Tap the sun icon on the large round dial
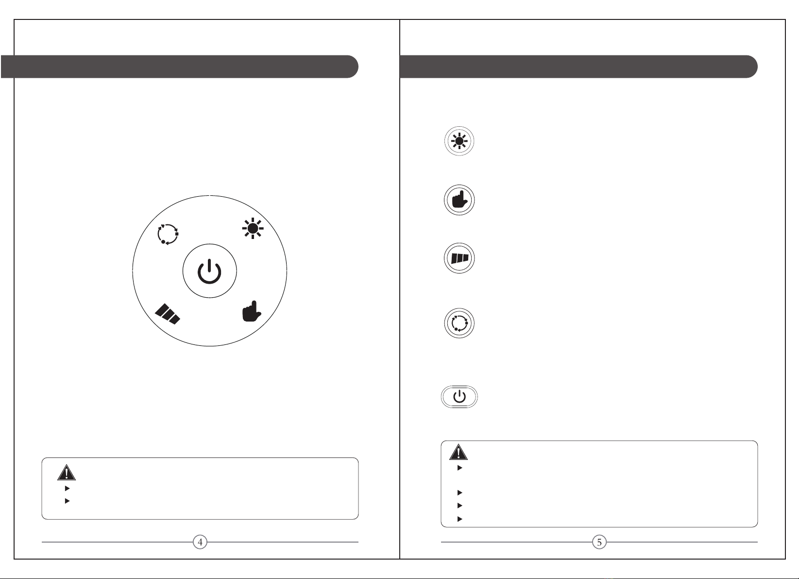[253, 228]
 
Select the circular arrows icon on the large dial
[168, 235]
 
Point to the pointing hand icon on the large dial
[252, 311]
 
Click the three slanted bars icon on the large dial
[167, 314]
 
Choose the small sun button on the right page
[459, 141]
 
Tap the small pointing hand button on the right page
[459, 200]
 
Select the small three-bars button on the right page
[459, 258]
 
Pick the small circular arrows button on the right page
[459, 323]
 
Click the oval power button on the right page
[459, 397]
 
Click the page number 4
[200, 542]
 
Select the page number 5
[599, 542]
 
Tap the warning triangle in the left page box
[67, 473]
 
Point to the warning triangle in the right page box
[459, 452]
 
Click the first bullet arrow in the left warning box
[67, 488]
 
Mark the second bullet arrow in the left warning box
[67, 501]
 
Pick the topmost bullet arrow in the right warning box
[460, 468]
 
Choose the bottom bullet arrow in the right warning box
[460, 519]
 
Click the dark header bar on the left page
[179, 67]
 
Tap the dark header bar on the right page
[578, 67]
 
